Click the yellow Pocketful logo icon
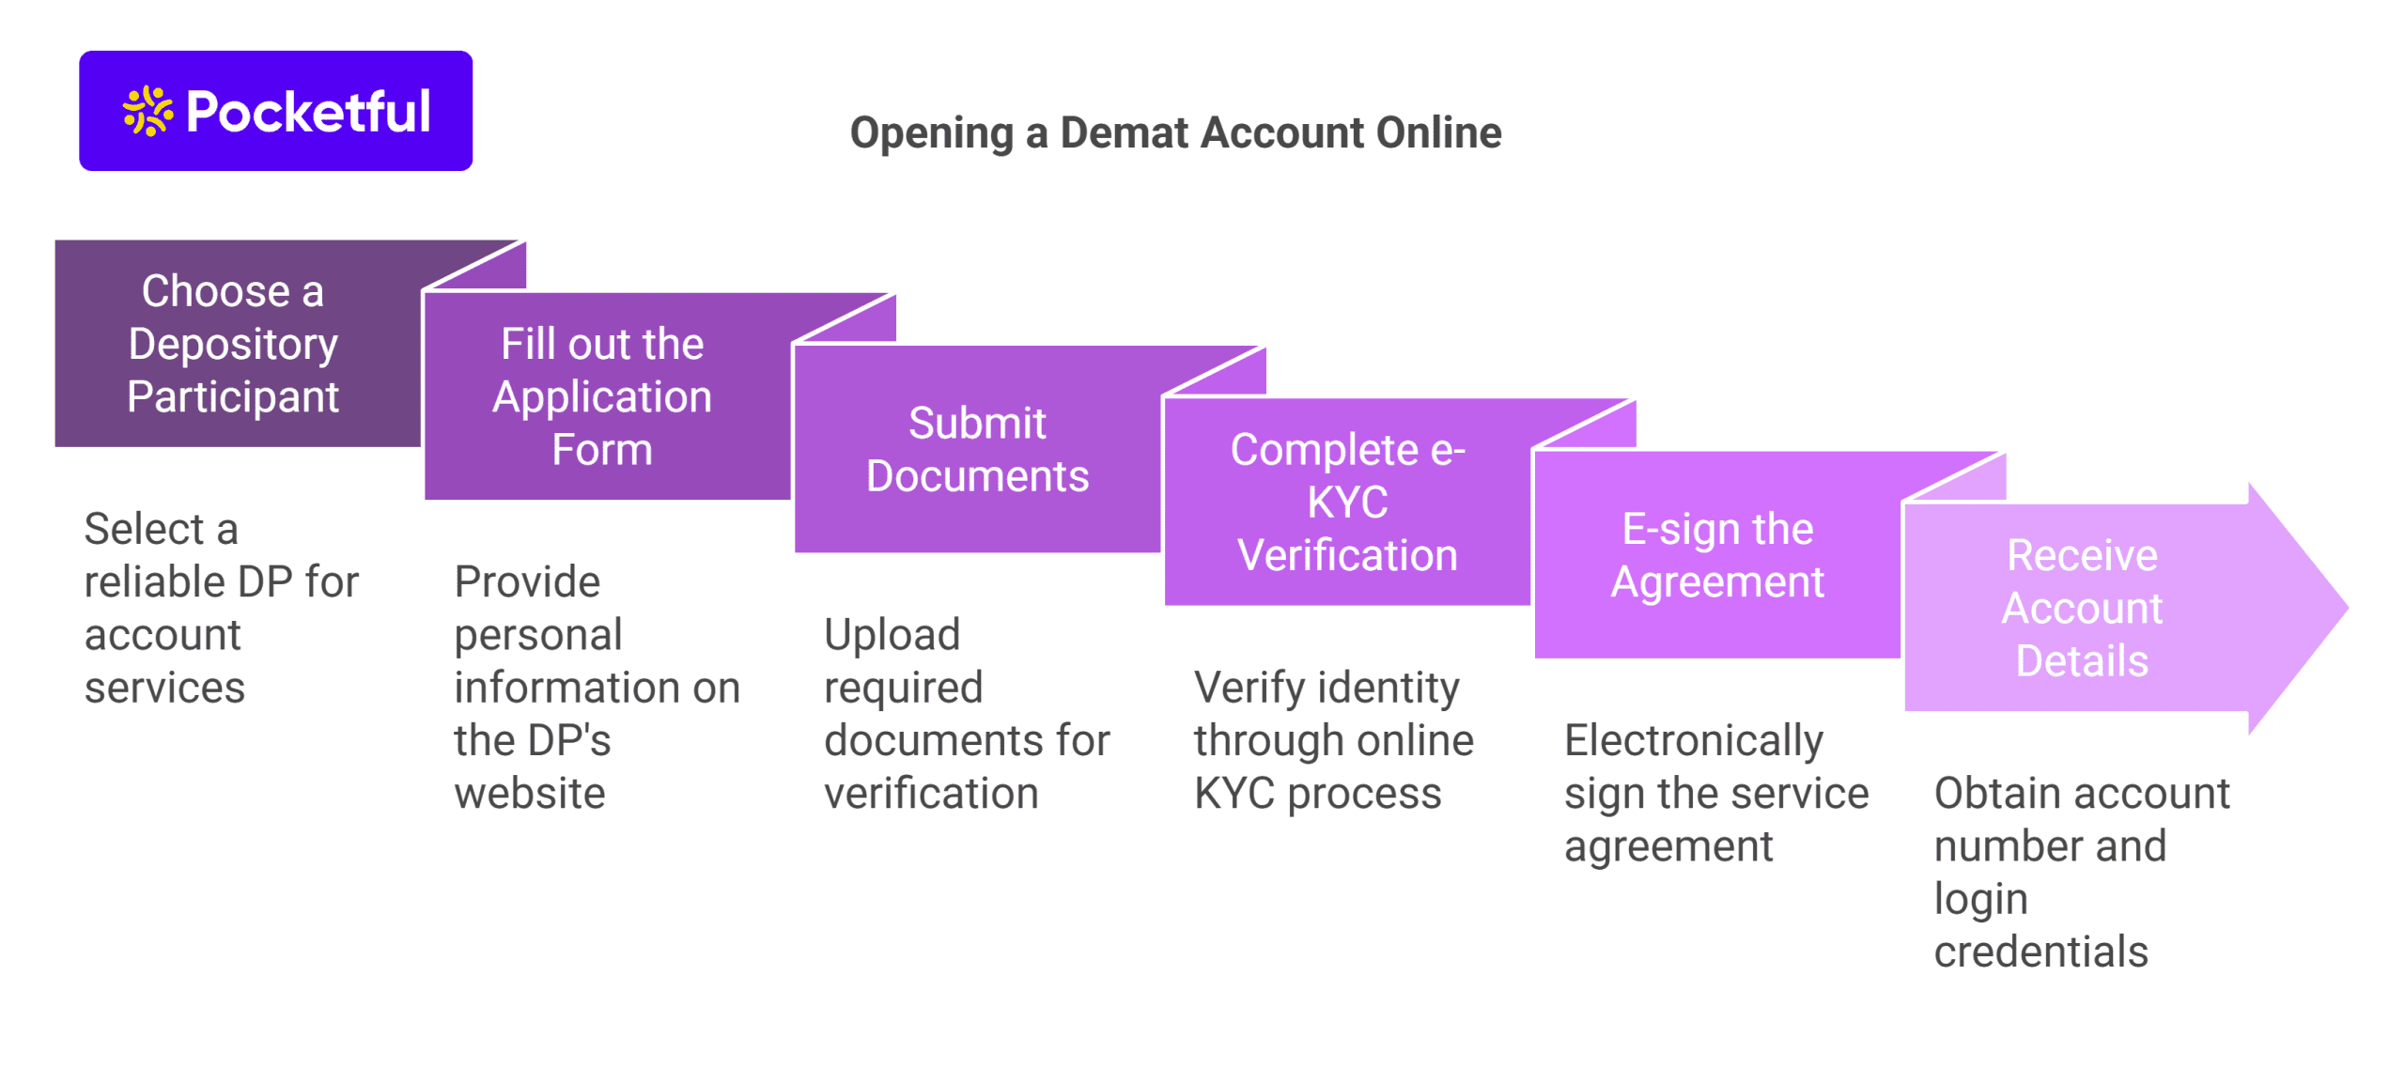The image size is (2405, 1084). coord(147,111)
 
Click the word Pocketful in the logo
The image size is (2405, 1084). coord(308,112)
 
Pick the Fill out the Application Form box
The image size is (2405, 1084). coord(603,396)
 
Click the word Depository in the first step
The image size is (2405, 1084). coord(233,344)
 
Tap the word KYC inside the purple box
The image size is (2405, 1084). coord(1346,503)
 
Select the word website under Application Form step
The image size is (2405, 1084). coord(529,794)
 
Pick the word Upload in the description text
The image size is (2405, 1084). coord(891,635)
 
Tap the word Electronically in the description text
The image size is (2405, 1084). coord(1692,740)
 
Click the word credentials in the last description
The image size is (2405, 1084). coord(2040,952)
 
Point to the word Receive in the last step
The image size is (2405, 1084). coord(2081,555)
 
